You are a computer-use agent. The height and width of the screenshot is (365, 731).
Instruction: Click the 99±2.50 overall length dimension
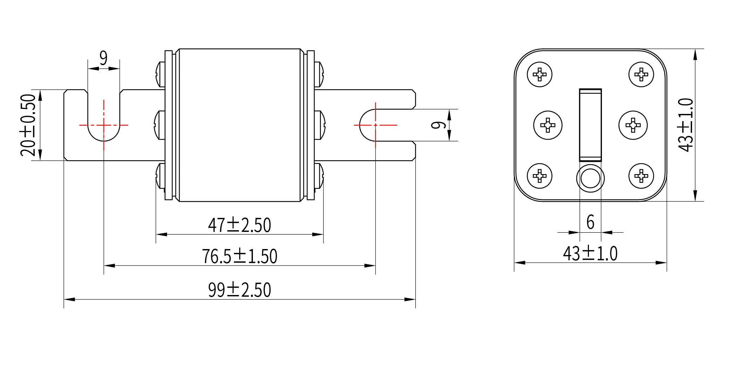tap(240, 290)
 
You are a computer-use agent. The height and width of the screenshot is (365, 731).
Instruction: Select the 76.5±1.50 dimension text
tap(240, 256)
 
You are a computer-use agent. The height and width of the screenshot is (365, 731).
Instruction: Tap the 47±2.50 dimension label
tap(240, 225)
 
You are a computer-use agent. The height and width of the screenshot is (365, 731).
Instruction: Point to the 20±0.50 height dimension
tap(28, 125)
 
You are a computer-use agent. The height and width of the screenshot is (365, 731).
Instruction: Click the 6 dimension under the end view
tap(590, 222)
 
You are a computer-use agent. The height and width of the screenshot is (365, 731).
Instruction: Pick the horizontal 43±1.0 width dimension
tap(590, 253)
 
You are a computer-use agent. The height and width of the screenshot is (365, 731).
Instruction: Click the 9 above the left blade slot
tap(103, 58)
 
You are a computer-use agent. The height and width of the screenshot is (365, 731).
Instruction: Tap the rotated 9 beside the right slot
tap(438, 125)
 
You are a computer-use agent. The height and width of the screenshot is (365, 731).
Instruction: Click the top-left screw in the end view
tap(539, 74)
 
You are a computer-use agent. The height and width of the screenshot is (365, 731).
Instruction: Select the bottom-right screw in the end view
tap(641, 176)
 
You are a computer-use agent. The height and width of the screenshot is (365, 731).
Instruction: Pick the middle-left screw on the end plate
tap(548, 125)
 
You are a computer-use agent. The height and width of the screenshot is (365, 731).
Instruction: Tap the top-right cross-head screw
tap(641, 74)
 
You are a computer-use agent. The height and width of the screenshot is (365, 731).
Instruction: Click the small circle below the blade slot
tap(590, 178)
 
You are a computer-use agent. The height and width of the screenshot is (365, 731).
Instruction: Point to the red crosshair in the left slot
tap(104, 125)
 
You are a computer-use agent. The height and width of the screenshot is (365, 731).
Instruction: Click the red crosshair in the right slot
tap(376, 125)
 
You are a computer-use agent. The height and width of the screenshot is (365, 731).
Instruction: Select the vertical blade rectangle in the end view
tap(590, 125)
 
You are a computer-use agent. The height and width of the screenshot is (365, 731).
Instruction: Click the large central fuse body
tap(240, 125)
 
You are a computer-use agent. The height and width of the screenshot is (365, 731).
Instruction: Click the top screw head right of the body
tap(319, 74)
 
